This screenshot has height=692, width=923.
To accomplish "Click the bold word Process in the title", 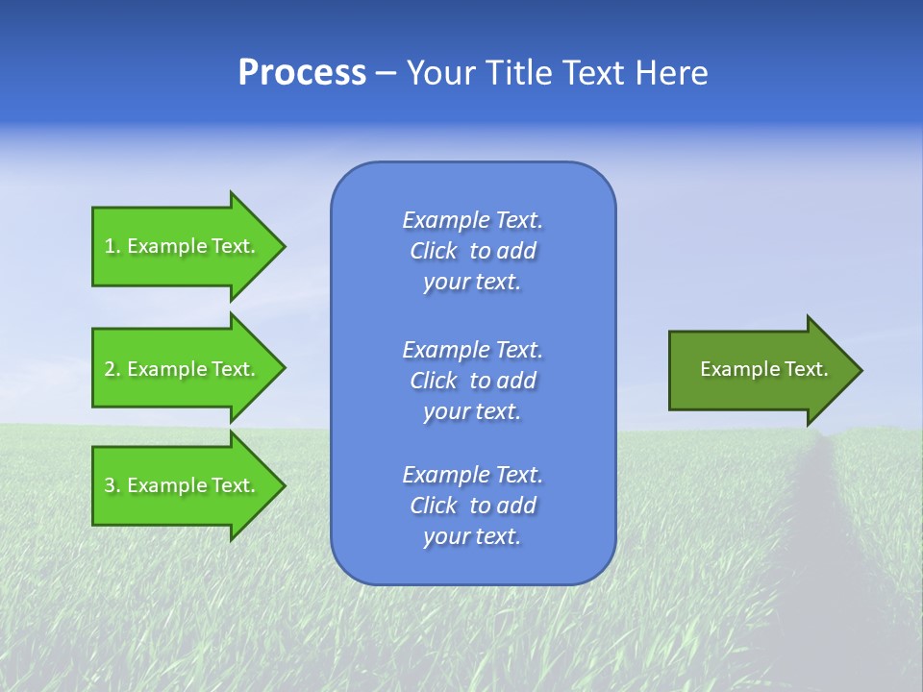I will pos(302,73).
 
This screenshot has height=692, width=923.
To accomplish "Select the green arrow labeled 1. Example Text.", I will pos(183,246).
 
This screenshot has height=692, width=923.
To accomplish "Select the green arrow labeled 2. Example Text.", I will pos(183,369).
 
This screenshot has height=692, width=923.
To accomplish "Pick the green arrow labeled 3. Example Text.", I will pos(183,485).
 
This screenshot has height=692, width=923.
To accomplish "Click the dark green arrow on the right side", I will pos(760,370).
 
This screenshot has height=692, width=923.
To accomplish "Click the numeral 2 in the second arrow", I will pos(110,369).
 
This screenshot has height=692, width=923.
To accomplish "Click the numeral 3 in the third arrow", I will pos(110,485).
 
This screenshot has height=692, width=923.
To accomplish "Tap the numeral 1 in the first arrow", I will pos(110,246).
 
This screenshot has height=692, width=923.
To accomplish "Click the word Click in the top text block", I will pos(433,251).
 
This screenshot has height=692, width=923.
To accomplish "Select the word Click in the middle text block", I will pos(433,381).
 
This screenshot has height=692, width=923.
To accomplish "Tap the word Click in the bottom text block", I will pos(433,506).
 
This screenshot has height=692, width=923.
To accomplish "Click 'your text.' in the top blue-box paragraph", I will pos(472,283).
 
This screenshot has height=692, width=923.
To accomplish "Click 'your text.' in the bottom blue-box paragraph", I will pos(472,537).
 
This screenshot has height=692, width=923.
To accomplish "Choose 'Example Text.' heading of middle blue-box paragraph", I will pos(472,349).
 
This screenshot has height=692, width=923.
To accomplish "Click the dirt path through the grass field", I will pos(817,538).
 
